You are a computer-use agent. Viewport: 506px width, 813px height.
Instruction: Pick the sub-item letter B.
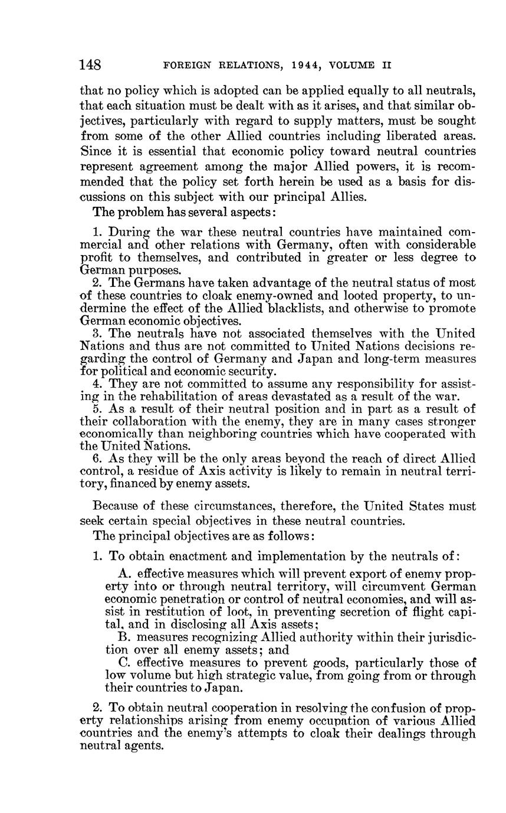[x=123, y=637]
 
